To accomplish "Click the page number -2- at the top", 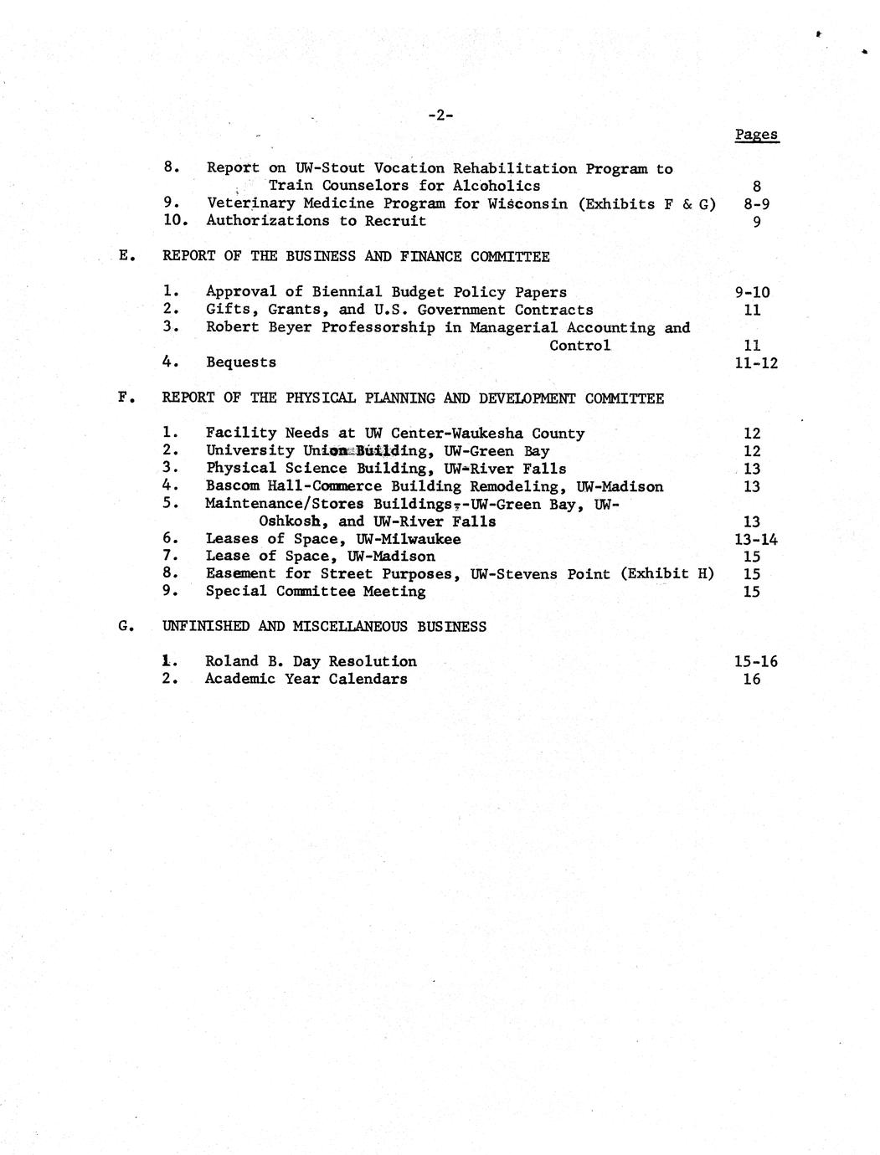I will tap(440, 116).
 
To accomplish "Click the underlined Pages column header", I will tap(756, 135).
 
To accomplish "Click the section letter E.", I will tap(125, 256).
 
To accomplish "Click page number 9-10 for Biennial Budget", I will tap(752, 292).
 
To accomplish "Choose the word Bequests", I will tap(241, 362).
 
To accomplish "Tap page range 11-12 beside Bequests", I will tap(755, 362).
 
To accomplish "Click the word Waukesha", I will tap(493, 434).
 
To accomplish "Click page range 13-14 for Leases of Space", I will tap(755, 539).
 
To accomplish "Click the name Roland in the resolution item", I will tap(232, 661).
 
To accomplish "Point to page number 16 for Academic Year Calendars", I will tap(752, 679).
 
